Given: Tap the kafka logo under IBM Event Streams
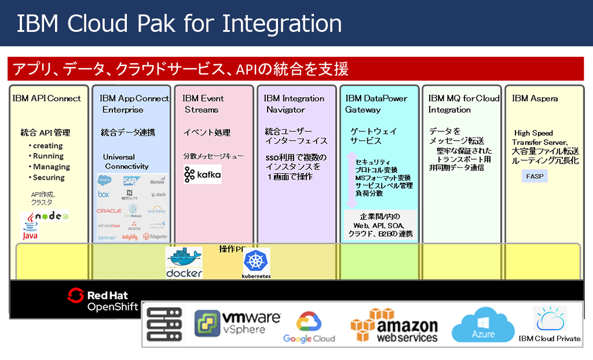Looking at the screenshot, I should tap(202, 174).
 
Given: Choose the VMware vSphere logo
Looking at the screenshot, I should tap(237, 324).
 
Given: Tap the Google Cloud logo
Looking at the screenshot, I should tap(309, 327).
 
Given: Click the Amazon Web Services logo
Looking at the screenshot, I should tap(394, 325).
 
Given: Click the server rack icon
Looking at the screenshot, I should tap(164, 324).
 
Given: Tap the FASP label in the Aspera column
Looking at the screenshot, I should tap(535, 175).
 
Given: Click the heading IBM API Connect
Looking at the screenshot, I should tap(47, 98).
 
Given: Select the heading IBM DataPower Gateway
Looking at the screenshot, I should tap(376, 104).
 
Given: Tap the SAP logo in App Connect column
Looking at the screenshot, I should tap(131, 181).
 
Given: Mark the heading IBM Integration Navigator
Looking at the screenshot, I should tap(294, 104).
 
